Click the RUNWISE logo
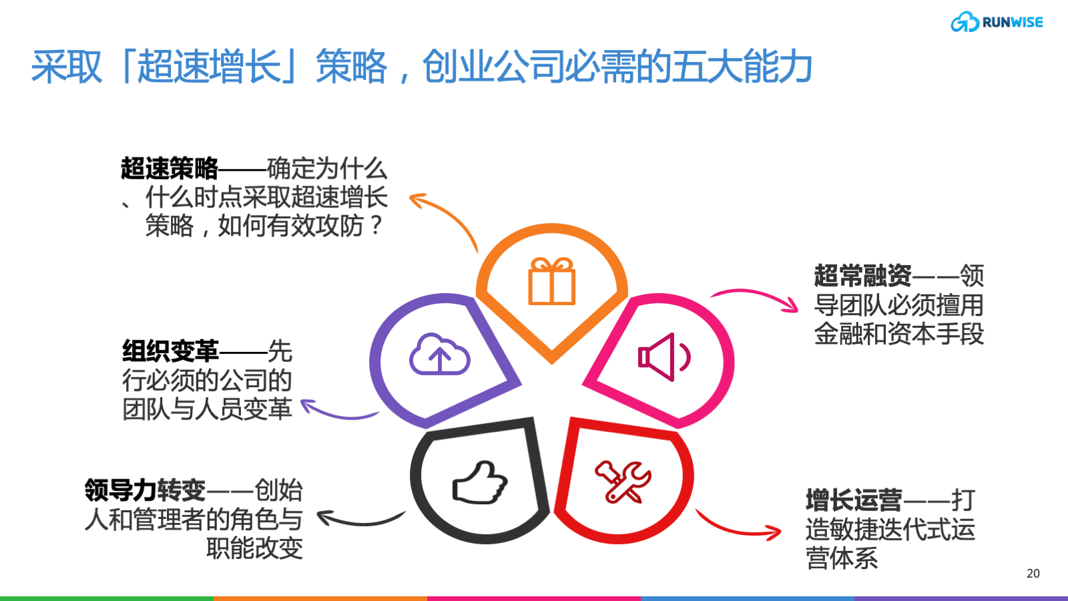tap(997, 22)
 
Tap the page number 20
tap(1033, 574)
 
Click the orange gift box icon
tap(551, 281)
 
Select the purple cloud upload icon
tap(440, 353)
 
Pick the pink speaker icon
tap(664, 357)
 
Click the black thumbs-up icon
tap(480, 482)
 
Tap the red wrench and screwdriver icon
tap(623, 481)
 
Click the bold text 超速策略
tap(170, 168)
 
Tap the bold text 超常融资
tap(862, 275)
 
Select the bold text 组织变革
tap(170, 351)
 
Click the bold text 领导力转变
tap(146, 490)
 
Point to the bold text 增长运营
tap(854, 500)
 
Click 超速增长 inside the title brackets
tap(210, 66)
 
